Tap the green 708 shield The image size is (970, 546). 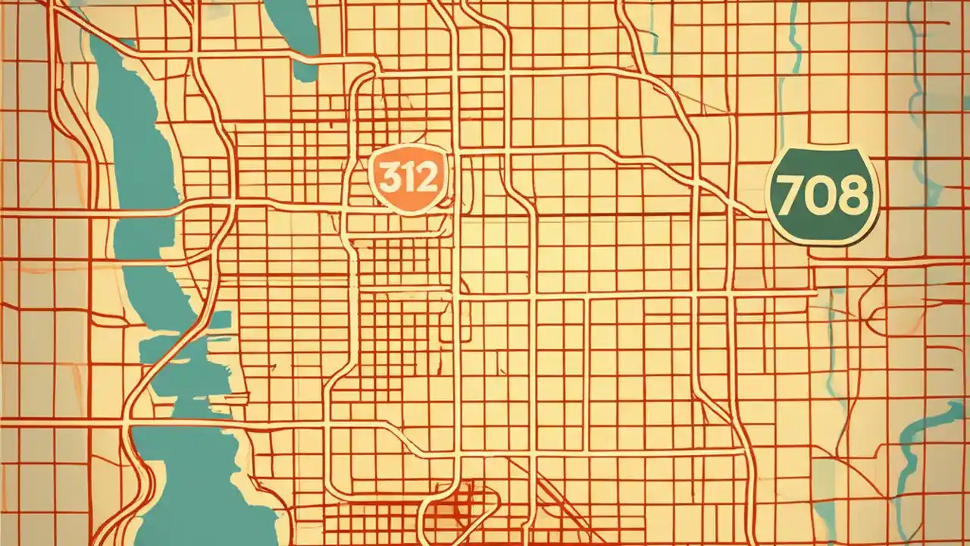pos(823,196)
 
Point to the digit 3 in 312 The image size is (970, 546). pos(388,179)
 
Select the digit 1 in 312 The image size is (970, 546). pos(408,179)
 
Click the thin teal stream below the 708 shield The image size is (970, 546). pos(834,341)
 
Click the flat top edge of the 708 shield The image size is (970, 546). pos(823,149)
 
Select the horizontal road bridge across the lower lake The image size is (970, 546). pos(189,422)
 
